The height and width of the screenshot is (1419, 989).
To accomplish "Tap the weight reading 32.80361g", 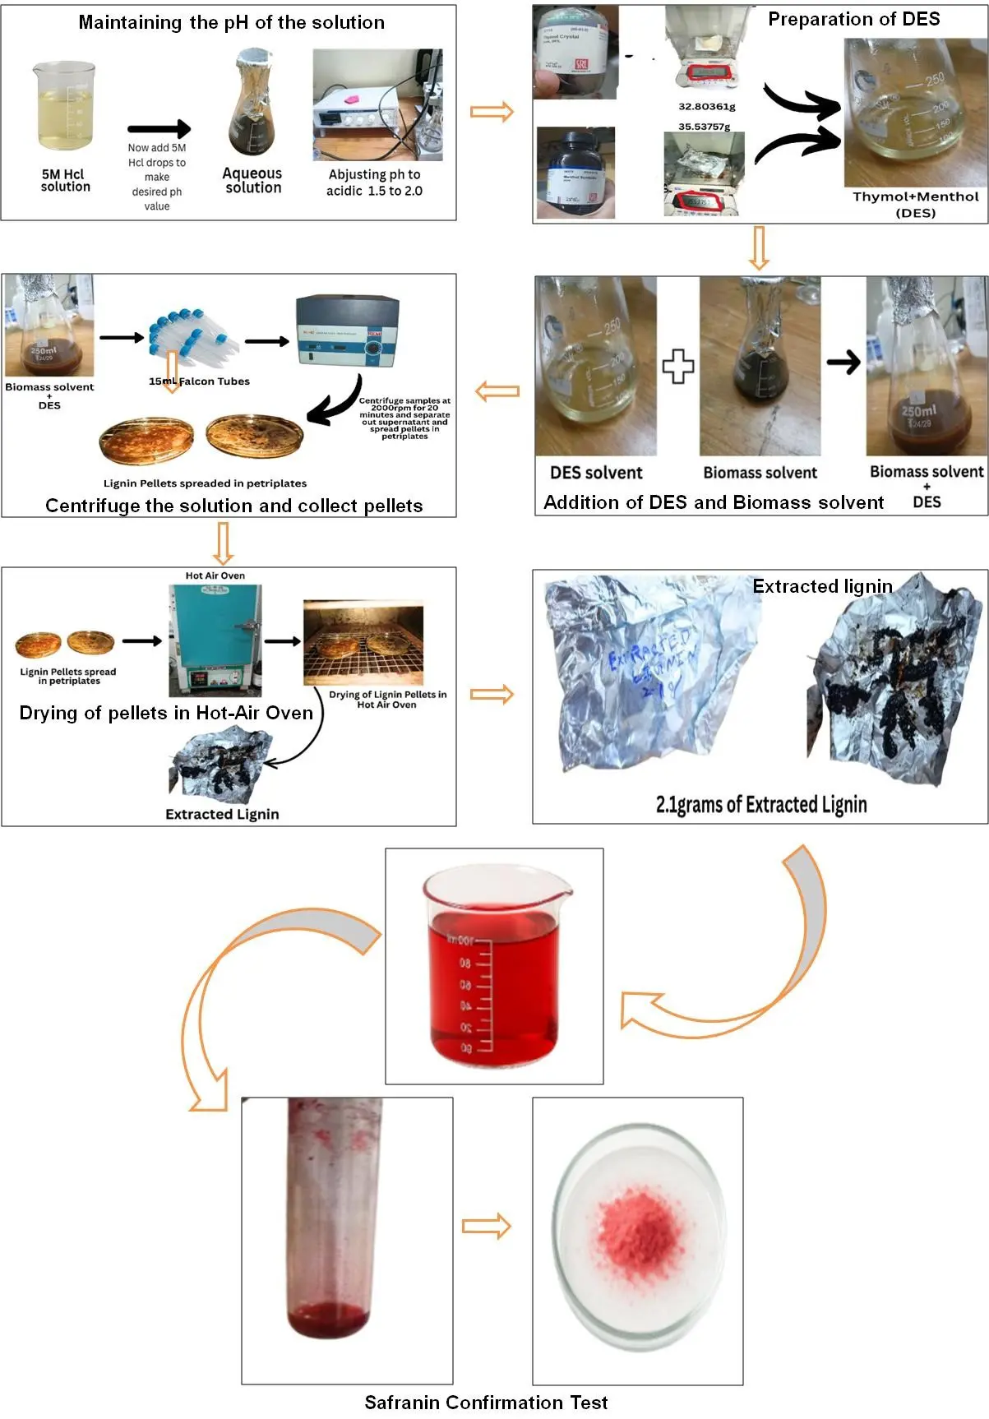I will pyautogui.click(x=706, y=106).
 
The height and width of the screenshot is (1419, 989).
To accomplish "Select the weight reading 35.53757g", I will pyautogui.click(x=704, y=127).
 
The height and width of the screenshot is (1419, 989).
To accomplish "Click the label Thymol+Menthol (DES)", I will pyautogui.click(x=915, y=204).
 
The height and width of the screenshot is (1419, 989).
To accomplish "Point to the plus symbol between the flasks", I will pyautogui.click(x=678, y=367).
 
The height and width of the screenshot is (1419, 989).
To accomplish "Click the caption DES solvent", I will pyautogui.click(x=596, y=473).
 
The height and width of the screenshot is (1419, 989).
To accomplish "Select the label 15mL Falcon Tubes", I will pyautogui.click(x=199, y=381).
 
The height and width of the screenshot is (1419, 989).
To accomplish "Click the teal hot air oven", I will pyautogui.click(x=215, y=640).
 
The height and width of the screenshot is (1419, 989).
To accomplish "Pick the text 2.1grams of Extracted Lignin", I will pyautogui.click(x=760, y=804).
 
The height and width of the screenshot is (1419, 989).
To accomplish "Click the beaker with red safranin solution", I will pyautogui.click(x=493, y=970).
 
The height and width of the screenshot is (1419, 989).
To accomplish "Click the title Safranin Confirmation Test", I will pyautogui.click(x=486, y=1403).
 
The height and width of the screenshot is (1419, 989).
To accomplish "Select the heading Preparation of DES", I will pyautogui.click(x=853, y=19).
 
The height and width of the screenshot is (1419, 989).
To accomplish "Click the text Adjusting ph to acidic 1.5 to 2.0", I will pyautogui.click(x=374, y=183).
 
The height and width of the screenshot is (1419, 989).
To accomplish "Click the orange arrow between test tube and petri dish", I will pyautogui.click(x=486, y=1227).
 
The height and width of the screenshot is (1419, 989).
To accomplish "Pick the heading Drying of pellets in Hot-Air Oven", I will pyautogui.click(x=166, y=713).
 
